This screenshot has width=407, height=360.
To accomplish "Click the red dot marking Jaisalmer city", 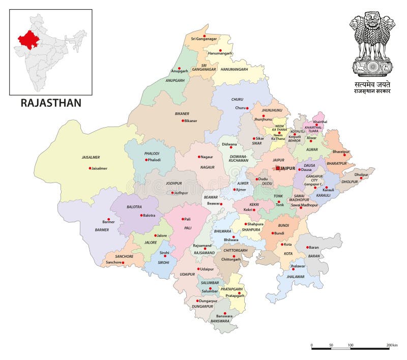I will click(90, 168).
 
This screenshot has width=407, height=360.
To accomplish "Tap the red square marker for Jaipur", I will click(278, 168).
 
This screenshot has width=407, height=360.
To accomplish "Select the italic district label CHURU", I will click(237, 100).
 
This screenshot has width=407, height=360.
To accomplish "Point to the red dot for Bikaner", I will click(183, 121).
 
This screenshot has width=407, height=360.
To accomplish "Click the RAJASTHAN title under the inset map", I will click(51, 103).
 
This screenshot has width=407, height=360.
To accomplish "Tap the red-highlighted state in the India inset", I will click(30, 39).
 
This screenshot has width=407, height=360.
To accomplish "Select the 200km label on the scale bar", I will click(392, 345).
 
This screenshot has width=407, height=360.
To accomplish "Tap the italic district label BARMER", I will click(102, 230).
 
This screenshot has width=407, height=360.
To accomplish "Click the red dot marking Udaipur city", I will click(199, 268).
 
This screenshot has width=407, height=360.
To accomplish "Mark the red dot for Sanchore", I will click(124, 262).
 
